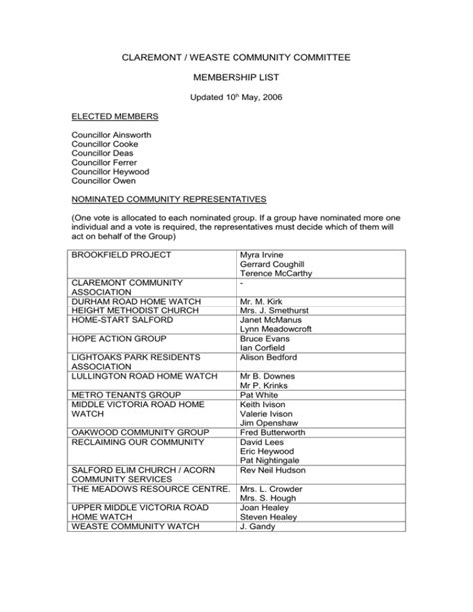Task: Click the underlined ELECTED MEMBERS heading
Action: [x=115, y=117]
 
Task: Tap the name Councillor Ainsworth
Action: [x=111, y=133]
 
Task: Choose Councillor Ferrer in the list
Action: [x=103, y=163]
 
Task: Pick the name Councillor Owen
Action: [x=102, y=182]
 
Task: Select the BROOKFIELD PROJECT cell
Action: [x=115, y=255]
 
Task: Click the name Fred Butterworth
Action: [x=276, y=433]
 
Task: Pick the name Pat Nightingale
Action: [x=270, y=461]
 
